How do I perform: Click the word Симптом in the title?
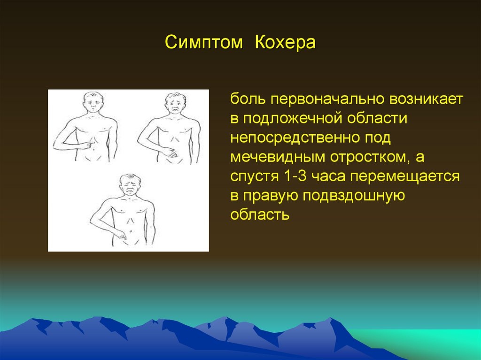204,42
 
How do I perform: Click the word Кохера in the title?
285,42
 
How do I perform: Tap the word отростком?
371,158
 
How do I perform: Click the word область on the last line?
260,214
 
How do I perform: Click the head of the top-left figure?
93,103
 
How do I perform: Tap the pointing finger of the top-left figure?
89,144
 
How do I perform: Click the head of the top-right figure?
176,103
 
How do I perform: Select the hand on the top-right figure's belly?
169,153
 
